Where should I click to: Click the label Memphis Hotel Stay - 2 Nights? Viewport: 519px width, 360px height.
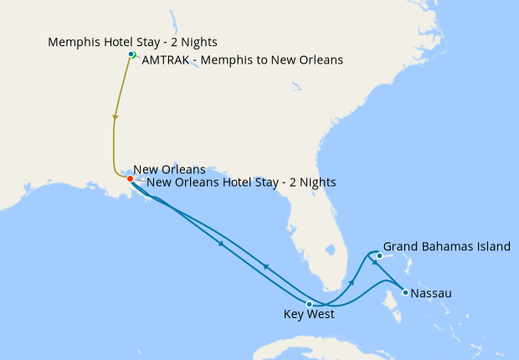(x=126, y=41)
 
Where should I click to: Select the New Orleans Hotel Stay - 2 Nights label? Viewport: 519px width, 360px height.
(x=241, y=182)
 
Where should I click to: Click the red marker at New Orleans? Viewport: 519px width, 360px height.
(x=130, y=178)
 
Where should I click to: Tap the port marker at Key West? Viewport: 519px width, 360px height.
(x=310, y=304)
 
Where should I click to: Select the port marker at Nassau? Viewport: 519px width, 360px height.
(x=404, y=293)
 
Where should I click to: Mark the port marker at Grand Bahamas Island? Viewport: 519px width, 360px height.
(x=379, y=255)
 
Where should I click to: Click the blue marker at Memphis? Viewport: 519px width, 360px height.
(x=131, y=54)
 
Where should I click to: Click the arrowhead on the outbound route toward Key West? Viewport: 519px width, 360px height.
(x=220, y=244)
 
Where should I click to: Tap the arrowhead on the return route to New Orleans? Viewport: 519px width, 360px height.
(x=265, y=266)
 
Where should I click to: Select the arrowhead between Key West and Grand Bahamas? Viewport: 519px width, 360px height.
(x=352, y=283)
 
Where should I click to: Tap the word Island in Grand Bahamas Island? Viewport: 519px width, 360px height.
(x=492, y=247)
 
